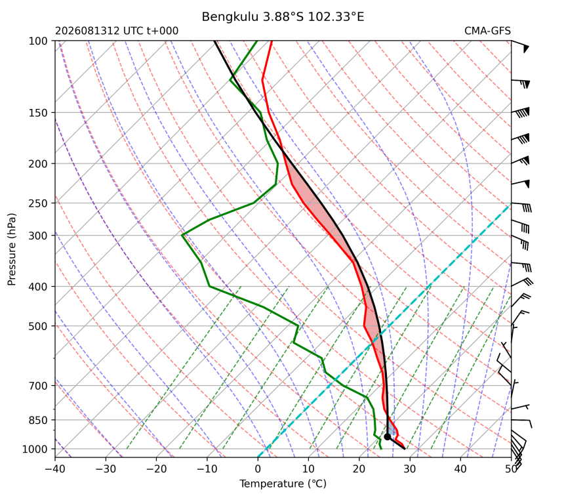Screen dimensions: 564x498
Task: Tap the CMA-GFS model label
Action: pyautogui.click(x=487, y=31)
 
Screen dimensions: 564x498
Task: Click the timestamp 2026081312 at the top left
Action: pyautogui.click(x=87, y=31)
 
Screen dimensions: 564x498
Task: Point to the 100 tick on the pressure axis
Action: pyautogui.click(x=38, y=41)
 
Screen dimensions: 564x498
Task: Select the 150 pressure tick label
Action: pyautogui.click(x=38, y=113)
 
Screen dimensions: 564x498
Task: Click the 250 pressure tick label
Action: pyautogui.click(x=38, y=203)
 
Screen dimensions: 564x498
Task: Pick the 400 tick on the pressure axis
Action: pyautogui.click(x=38, y=287)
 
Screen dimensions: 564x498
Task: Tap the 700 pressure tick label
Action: pyautogui.click(x=38, y=386)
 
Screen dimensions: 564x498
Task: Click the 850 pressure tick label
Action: pyautogui.click(x=38, y=420)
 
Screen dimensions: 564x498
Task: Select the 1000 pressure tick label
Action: pyautogui.click(x=35, y=449)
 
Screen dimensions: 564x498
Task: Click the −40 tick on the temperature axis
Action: pyautogui.click(x=55, y=469)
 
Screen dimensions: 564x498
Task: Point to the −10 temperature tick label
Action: pyautogui.click(x=207, y=469)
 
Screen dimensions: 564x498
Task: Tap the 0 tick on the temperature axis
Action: pyautogui.click(x=258, y=469)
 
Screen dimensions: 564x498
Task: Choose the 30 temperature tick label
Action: pyautogui.click(x=410, y=469)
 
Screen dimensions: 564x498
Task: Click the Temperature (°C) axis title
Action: pyautogui.click(x=283, y=484)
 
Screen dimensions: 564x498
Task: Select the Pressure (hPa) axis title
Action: pyautogui.click(x=12, y=249)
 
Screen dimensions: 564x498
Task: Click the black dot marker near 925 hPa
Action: pyautogui.click(x=388, y=437)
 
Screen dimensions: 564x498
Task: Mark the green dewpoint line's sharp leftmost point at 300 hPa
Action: pyautogui.click(x=182, y=236)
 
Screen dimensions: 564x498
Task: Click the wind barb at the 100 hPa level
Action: pyautogui.click(x=521, y=46)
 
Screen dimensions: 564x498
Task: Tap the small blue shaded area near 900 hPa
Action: pyautogui.click(x=391, y=429)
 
